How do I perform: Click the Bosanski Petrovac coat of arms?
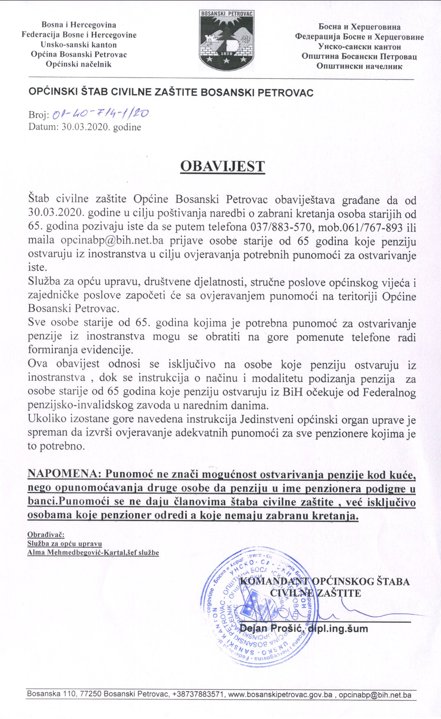click(x=226, y=40)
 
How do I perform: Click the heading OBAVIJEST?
click(x=222, y=166)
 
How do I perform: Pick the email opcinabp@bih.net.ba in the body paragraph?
click(x=112, y=240)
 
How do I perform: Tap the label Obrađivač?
click(x=46, y=535)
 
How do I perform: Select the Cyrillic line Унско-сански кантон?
click(x=359, y=47)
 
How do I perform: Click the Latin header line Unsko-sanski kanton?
click(x=79, y=45)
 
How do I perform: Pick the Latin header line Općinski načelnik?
click(x=79, y=64)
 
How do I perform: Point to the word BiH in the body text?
click(x=293, y=392)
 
